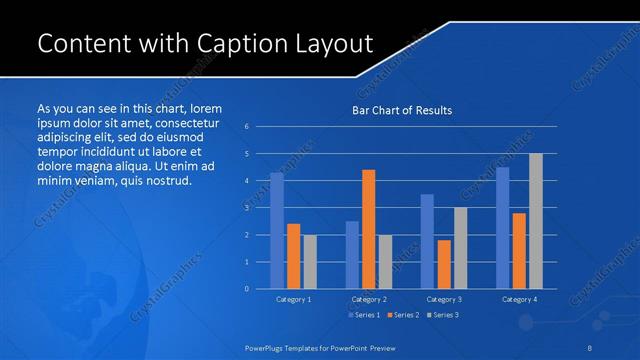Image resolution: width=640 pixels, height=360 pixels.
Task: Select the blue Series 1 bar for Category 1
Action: (277, 231)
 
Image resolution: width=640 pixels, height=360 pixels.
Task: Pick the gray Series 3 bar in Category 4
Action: (535, 221)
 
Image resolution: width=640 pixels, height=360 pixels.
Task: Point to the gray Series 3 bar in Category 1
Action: (310, 262)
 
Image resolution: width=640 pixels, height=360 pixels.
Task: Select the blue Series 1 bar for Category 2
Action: (352, 255)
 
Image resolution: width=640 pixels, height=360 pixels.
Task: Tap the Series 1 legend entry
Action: (363, 316)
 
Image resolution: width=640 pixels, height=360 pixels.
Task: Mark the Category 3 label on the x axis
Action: (443, 299)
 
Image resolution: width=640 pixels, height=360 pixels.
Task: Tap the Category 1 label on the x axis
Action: (293, 299)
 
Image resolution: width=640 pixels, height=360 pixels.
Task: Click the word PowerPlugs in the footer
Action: (269, 347)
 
